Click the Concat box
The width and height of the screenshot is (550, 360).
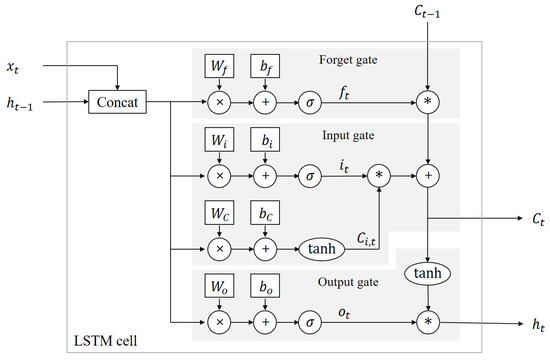[x=118, y=101]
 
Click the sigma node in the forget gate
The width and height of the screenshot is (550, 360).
[x=312, y=101]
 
